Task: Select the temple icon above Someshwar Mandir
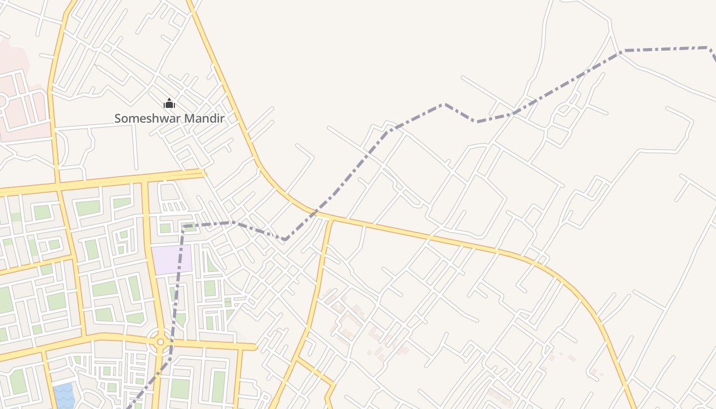[169, 104]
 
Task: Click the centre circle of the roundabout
[161, 342]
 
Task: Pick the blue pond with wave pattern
[63, 396]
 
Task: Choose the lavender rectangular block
[171, 259]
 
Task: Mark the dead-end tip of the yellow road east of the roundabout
[255, 347]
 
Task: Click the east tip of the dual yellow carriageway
[204, 173]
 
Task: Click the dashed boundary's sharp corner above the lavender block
[183, 225]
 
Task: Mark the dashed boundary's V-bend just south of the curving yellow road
[285, 239]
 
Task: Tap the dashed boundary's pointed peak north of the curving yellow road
[443, 104]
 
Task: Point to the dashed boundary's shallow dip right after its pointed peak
[477, 122]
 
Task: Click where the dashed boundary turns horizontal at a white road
[621, 51]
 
